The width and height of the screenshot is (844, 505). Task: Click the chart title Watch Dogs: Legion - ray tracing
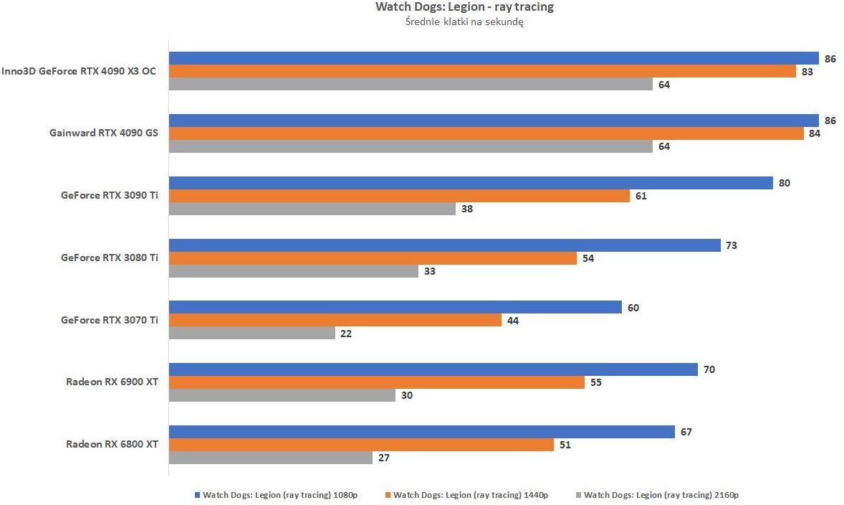pos(464,7)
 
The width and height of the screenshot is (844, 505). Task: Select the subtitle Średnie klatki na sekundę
pos(464,22)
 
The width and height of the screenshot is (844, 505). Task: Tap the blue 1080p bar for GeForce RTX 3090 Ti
pos(471,183)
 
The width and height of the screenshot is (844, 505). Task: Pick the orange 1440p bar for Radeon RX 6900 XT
pos(377,382)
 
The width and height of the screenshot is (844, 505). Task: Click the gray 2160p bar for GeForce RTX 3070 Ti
pos(252,333)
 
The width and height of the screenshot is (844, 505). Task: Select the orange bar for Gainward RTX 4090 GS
pos(486,133)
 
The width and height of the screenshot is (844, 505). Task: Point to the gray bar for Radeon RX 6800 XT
pos(271,458)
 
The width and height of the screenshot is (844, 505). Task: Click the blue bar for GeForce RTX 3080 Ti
pos(444,245)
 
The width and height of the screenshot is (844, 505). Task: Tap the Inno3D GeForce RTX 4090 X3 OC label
pos(79,71)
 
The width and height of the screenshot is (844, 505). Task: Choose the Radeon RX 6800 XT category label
pos(112,444)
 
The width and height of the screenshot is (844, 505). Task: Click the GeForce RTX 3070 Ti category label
pos(110,320)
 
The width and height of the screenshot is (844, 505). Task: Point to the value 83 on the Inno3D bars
pos(807,72)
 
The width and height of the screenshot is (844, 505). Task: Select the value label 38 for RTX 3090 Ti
pos(466,209)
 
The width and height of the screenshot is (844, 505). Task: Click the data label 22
pos(346,334)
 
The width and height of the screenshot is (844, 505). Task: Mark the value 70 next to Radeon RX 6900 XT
pos(709,369)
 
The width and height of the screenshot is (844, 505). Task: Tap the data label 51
pos(565,445)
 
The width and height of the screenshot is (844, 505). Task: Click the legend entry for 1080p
pos(279,495)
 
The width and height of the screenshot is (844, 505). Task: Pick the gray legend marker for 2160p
pos(578,495)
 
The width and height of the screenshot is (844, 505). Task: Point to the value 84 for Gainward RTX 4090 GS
pos(815,133)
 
